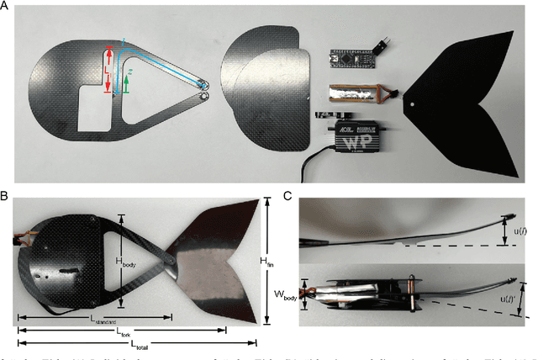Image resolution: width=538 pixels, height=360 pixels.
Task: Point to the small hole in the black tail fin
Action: tap(418, 106)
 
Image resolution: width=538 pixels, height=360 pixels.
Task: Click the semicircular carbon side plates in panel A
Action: tap(261, 93)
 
